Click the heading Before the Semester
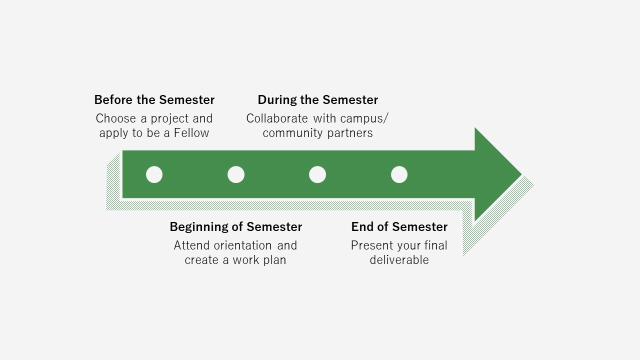pos(154,100)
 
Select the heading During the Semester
pos(317,100)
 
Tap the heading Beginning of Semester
pos(235,227)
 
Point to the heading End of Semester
pos(399,227)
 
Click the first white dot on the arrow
pos(154,174)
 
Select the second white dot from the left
pos(236,174)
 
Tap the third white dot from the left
pos(317,174)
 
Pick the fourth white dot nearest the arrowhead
pos(399,174)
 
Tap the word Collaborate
pos(277,118)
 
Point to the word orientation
pos(242,245)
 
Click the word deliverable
pos(399,260)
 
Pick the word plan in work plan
pos(274,260)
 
